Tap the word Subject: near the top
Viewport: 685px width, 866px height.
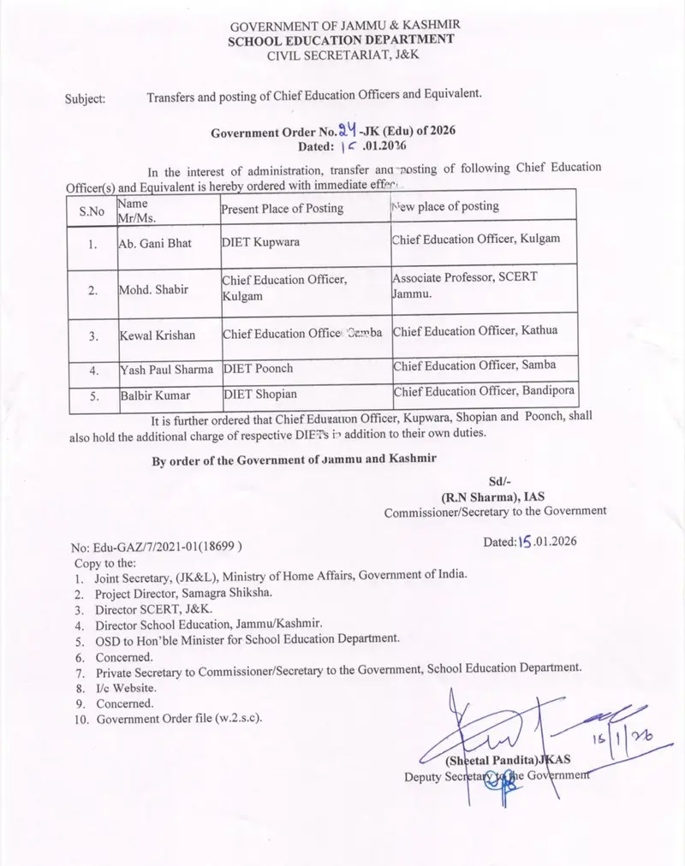point(86,99)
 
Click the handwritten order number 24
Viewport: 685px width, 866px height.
point(345,131)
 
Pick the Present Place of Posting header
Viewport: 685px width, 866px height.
point(283,208)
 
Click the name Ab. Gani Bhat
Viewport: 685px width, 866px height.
point(155,243)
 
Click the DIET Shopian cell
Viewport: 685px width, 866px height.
point(259,396)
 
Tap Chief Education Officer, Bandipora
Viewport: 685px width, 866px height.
point(484,393)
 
